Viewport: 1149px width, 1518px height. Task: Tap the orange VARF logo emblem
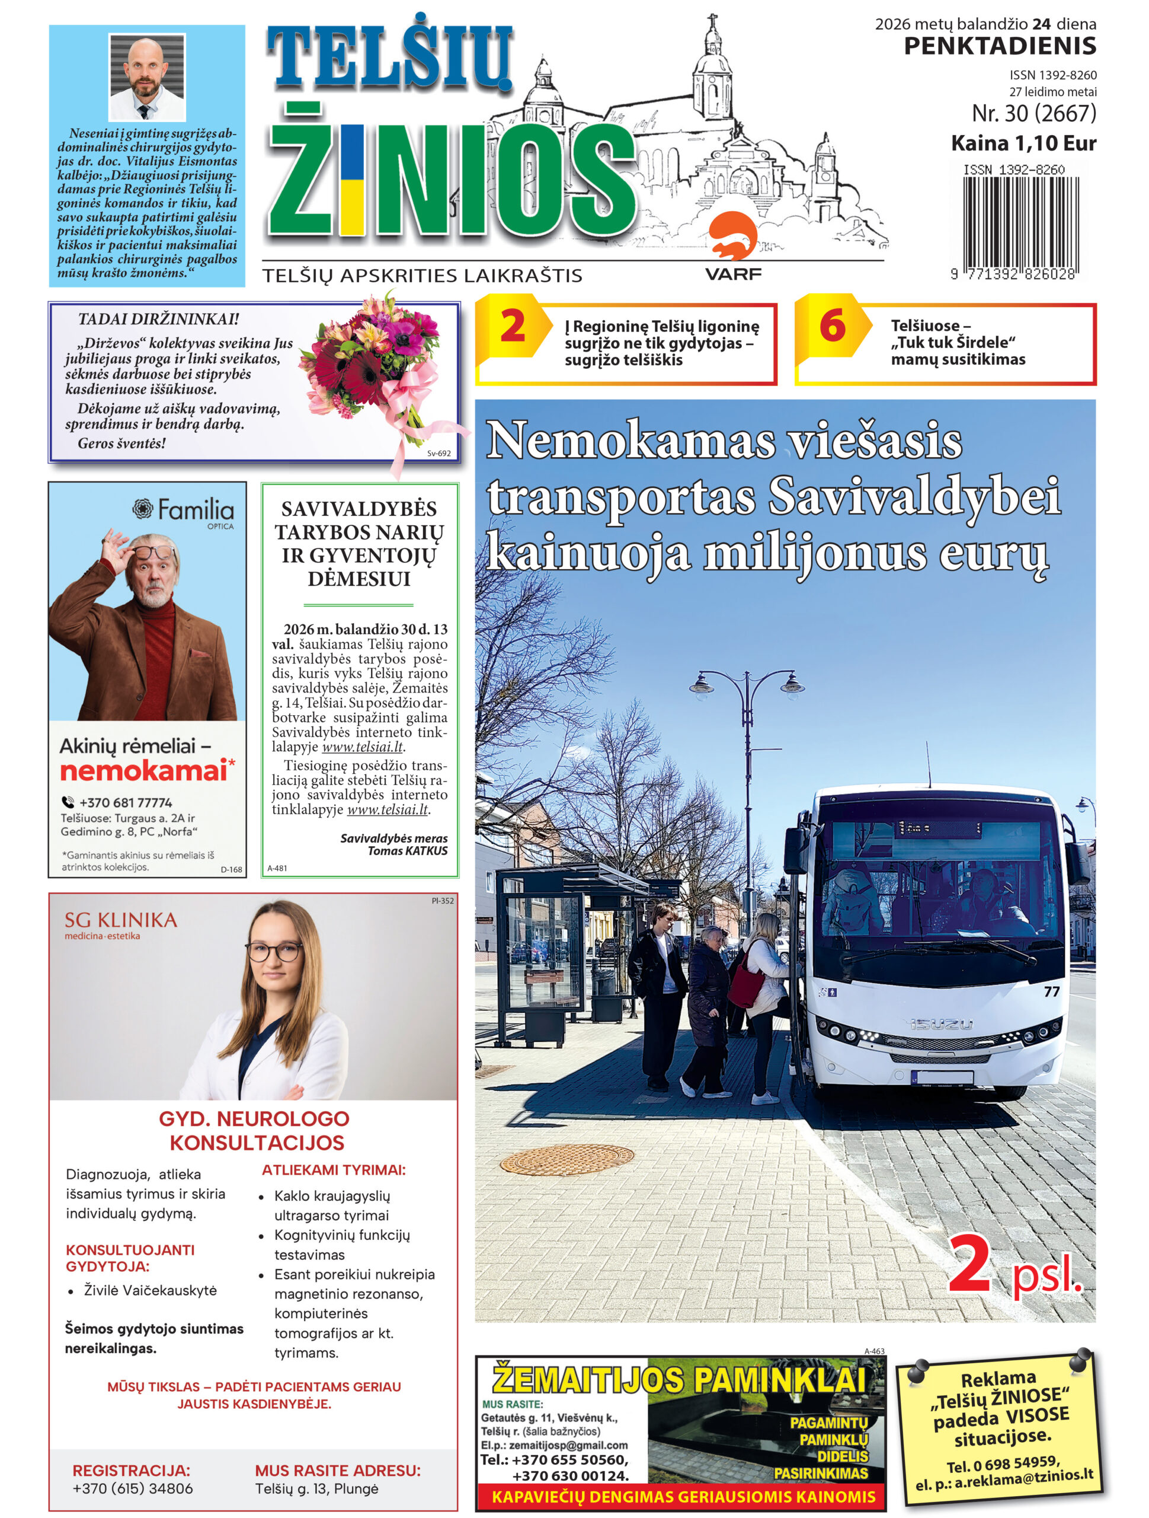pos(732,237)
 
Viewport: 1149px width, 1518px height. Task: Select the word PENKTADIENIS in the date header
pos(1000,47)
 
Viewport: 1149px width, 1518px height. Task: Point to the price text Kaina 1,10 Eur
pos(1023,143)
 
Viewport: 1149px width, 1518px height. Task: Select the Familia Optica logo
pos(183,512)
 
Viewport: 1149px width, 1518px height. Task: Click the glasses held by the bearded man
pos(152,551)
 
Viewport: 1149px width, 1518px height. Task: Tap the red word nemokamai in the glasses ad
pos(144,771)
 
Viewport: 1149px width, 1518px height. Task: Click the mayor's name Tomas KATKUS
pos(408,851)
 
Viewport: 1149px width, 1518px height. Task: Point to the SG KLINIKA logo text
pos(121,920)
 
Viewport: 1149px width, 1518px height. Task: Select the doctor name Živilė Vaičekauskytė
pos(151,1290)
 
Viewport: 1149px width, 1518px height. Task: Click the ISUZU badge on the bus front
pos(941,1024)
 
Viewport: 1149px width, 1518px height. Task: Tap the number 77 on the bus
pos(1051,991)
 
